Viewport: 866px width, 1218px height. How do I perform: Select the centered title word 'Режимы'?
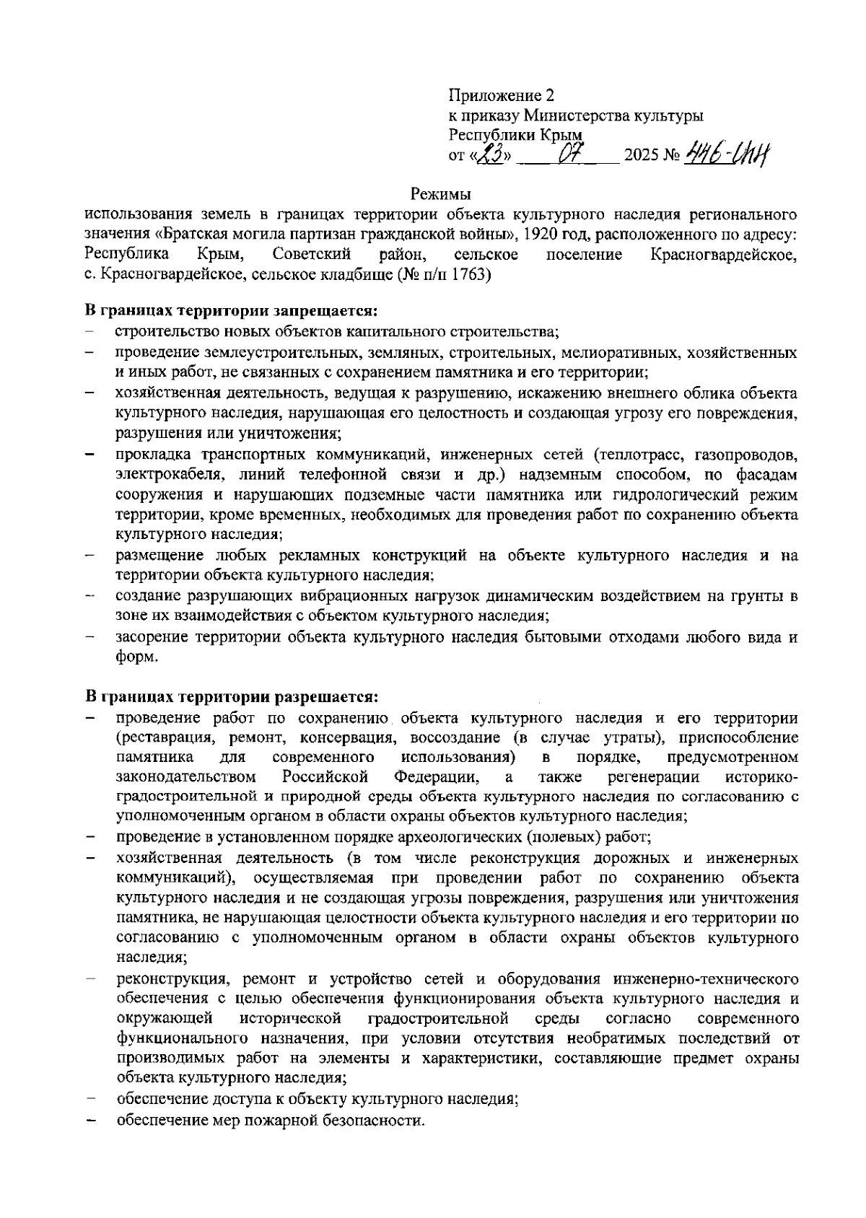(x=440, y=194)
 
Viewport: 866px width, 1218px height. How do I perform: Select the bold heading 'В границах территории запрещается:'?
(x=232, y=312)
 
